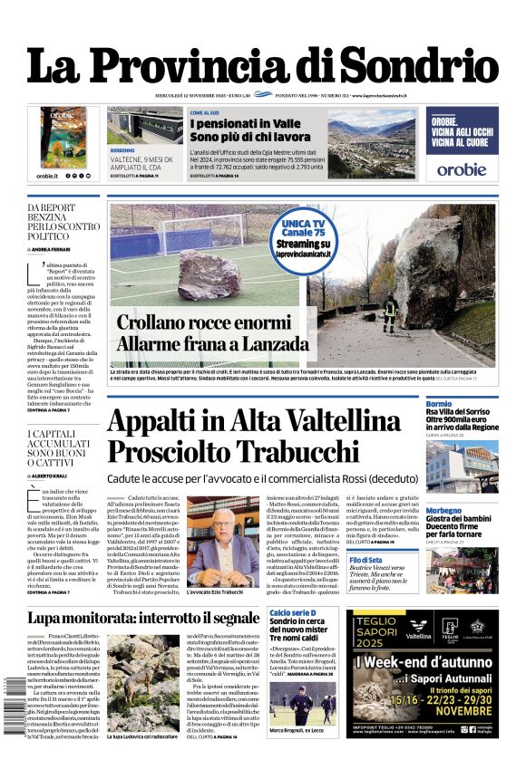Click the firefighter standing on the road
[390, 312]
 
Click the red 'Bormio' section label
[439, 403]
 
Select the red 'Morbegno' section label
[443, 510]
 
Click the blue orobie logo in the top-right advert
[462, 168]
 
